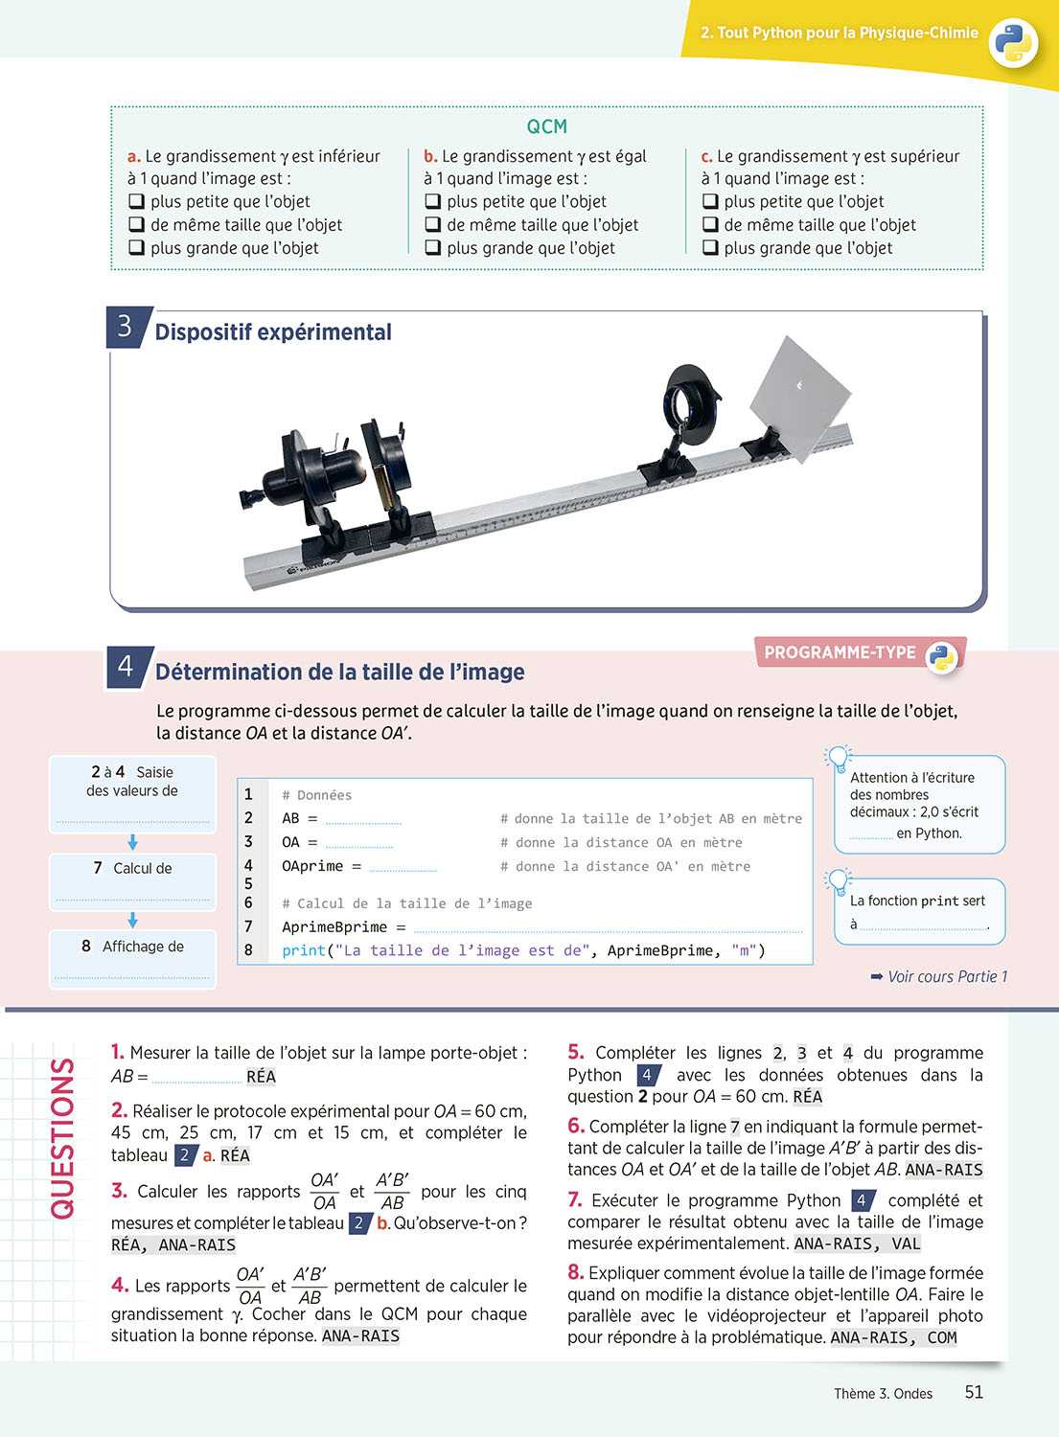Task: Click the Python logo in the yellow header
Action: [1013, 42]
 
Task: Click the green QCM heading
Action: [547, 126]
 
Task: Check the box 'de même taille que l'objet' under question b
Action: [433, 224]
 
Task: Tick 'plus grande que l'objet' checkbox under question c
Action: [710, 247]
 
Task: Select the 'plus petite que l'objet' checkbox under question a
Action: [136, 201]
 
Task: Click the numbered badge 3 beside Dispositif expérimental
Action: [127, 328]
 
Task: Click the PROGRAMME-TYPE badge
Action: [860, 653]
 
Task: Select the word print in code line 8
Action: [304, 950]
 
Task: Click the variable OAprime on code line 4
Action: [311, 866]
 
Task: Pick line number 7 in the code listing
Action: [248, 926]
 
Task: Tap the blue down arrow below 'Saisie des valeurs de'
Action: [132, 842]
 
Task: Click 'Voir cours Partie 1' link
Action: [939, 976]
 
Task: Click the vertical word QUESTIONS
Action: [62, 1138]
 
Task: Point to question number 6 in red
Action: [576, 1126]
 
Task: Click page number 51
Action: [974, 1392]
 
